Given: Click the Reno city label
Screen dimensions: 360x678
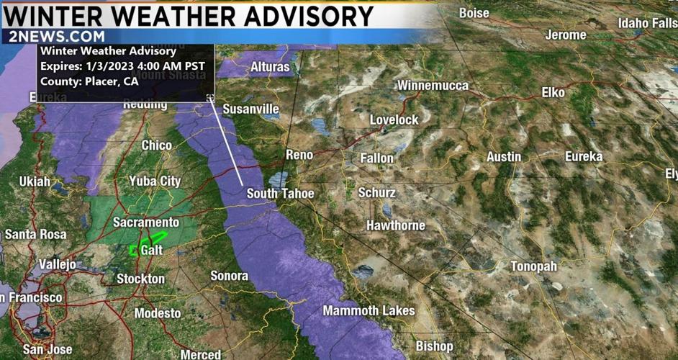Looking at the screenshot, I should [299, 155].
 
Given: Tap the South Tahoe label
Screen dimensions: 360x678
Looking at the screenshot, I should [280, 194].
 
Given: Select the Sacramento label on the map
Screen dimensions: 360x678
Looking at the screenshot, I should [146, 222].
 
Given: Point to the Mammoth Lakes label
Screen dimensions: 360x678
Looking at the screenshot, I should [369, 311].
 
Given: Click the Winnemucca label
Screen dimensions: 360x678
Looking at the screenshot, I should [433, 86].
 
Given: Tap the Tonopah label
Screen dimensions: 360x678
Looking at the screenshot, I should [533, 266].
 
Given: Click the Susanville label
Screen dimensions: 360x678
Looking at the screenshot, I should [250, 109].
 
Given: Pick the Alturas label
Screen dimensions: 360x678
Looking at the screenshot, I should [270, 67].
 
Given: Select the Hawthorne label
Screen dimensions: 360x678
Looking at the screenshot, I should [396, 225].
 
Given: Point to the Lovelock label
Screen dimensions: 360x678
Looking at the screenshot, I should [394, 120].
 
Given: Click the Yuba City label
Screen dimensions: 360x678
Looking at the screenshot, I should [155, 181].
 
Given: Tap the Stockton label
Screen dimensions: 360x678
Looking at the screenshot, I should [141, 279].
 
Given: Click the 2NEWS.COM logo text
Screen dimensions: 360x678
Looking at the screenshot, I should [58, 37].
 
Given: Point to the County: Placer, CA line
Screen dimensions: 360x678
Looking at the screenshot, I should [89, 81].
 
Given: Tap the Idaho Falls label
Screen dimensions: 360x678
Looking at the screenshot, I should [647, 24].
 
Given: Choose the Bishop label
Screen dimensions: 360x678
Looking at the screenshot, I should [435, 346].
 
